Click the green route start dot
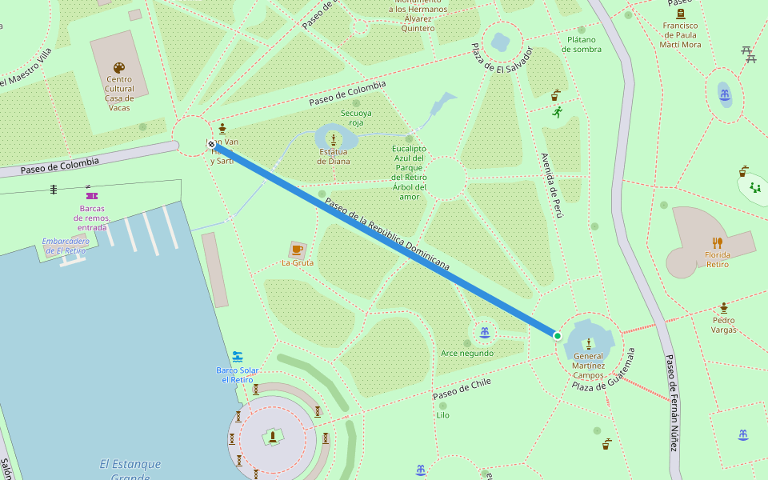click(558, 335)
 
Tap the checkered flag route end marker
click(211, 145)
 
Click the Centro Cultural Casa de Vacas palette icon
click(119, 68)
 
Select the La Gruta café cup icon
click(298, 250)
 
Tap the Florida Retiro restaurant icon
click(718, 242)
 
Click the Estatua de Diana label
click(334, 156)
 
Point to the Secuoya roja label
click(356, 118)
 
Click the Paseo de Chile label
click(462, 389)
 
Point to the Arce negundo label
click(467, 353)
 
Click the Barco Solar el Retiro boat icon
click(238, 356)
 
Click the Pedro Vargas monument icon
click(724, 307)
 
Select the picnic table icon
click(748, 54)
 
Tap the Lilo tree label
click(442, 415)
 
